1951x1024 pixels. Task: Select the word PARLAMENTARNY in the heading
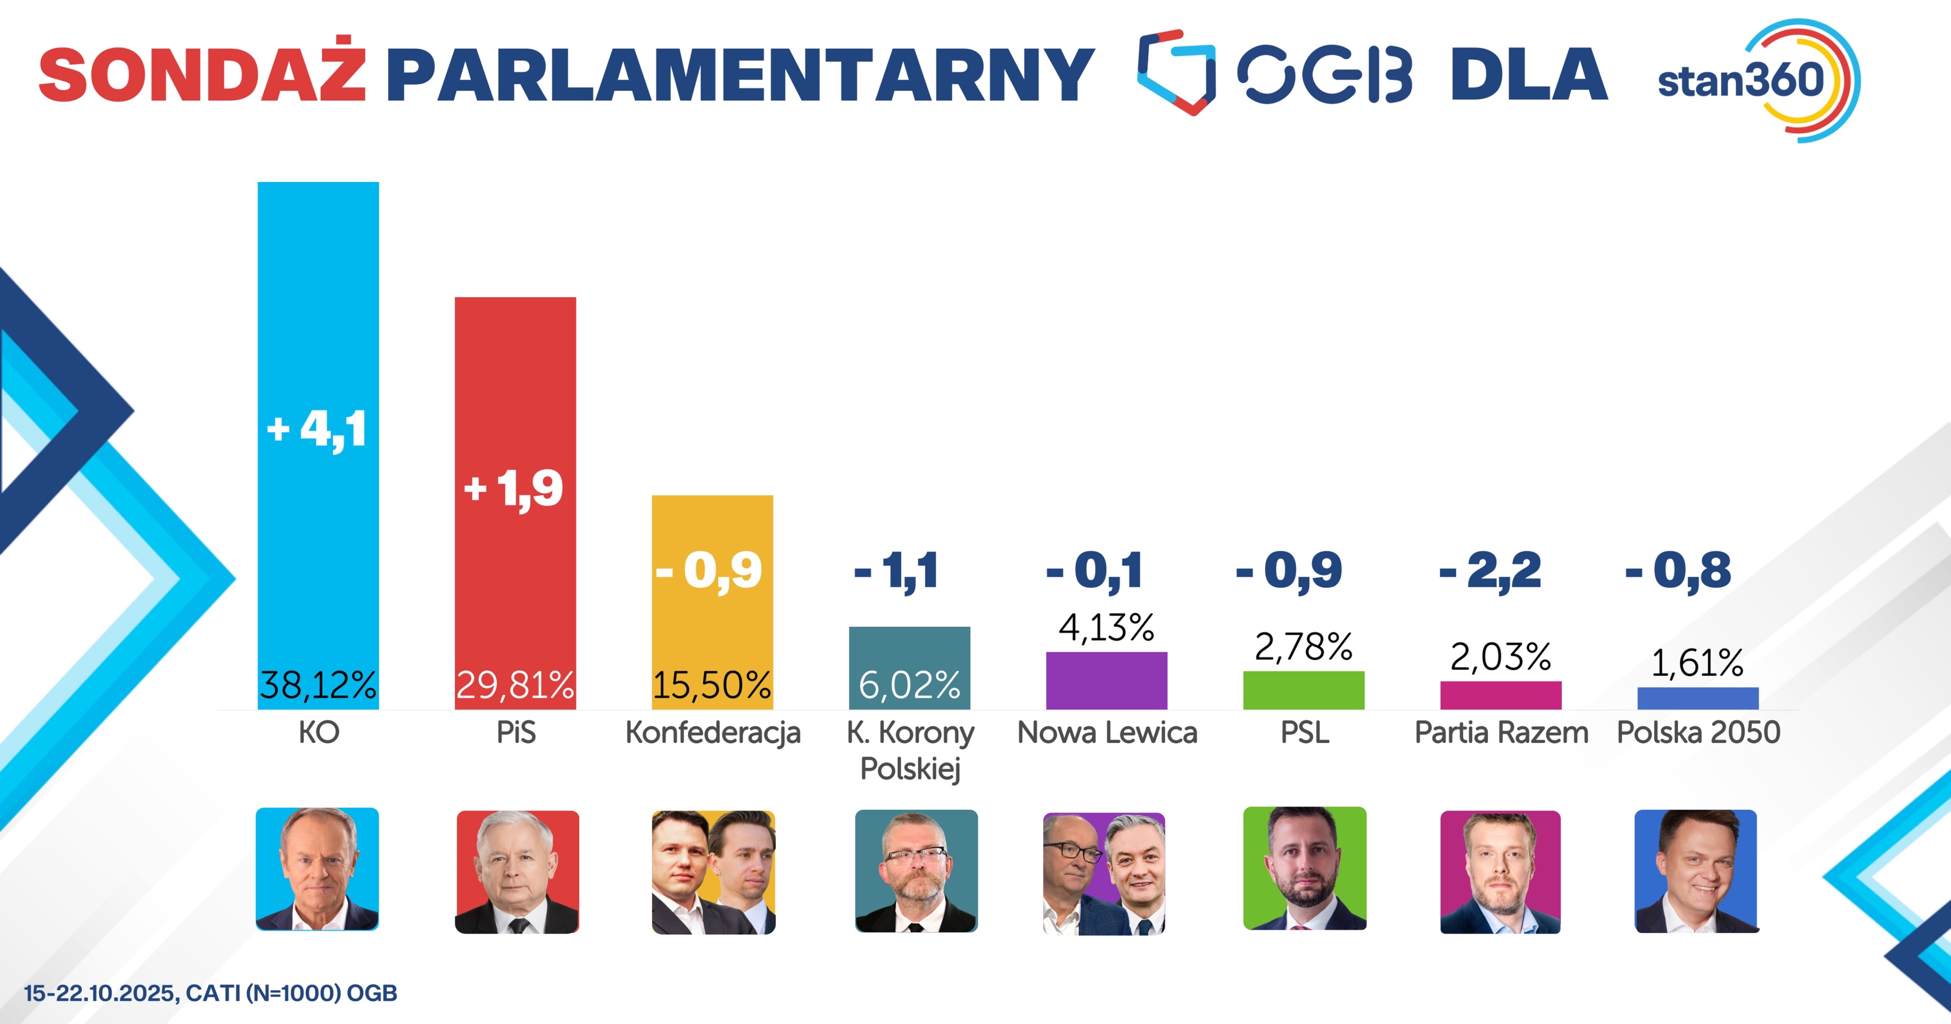(740, 75)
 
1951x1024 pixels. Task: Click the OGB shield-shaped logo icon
(1176, 72)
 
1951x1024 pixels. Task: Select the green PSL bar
(1303, 690)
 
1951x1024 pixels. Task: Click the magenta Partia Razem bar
(1500, 695)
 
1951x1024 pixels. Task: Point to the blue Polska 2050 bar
(1697, 698)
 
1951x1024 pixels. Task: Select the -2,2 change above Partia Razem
(1490, 570)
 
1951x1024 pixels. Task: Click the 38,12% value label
(318, 685)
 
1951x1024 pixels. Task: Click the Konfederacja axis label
(713, 733)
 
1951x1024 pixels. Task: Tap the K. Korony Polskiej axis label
(910, 750)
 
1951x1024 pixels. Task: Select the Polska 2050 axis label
(1698, 733)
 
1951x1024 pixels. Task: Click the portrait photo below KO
(317, 869)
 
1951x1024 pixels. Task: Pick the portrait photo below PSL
(1304, 869)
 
